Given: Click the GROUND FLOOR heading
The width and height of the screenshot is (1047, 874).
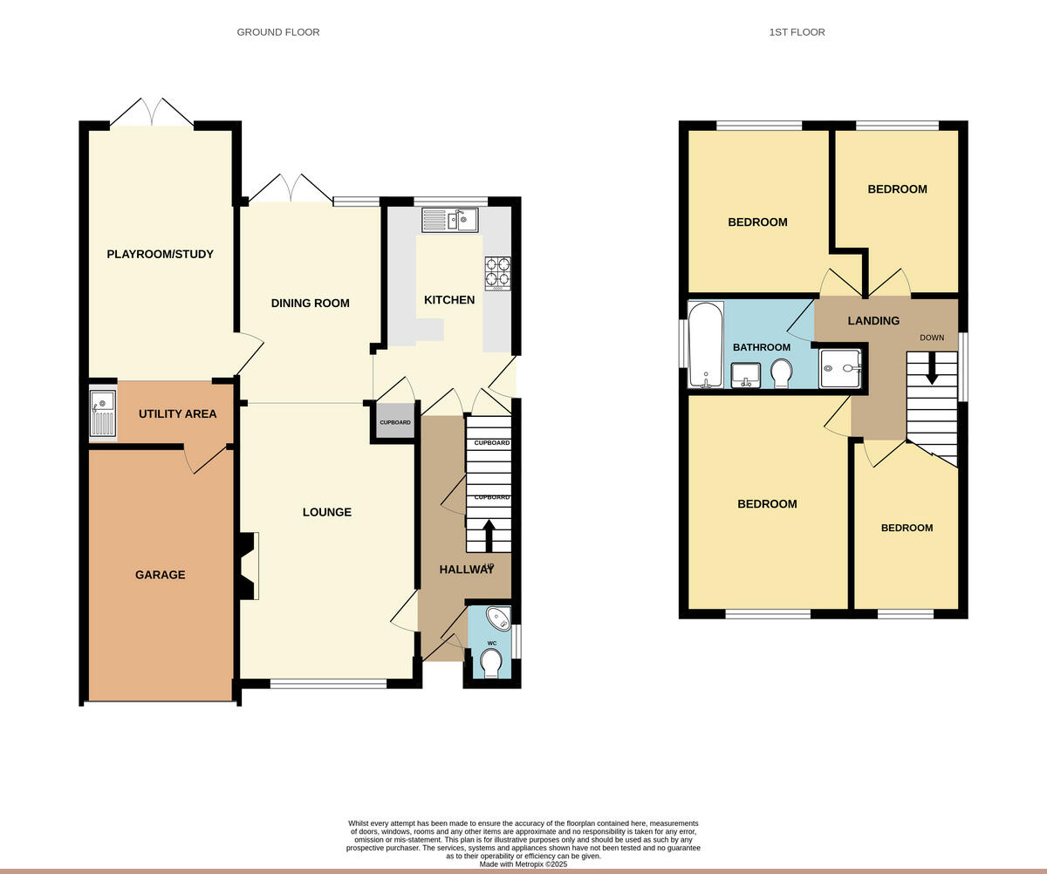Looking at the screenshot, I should click(x=278, y=32).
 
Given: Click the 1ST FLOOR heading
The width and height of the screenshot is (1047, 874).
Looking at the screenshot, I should click(x=797, y=32).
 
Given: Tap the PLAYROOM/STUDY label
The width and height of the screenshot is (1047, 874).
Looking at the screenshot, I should click(x=160, y=255).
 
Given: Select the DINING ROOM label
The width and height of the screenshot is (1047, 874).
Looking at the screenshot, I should click(x=310, y=304).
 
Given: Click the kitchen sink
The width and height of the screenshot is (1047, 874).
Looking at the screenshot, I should click(x=450, y=220).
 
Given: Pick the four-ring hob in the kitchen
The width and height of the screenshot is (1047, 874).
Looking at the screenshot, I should click(x=497, y=272).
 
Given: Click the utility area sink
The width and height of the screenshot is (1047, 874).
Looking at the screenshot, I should click(x=102, y=413).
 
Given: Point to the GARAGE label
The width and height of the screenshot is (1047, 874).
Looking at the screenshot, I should click(x=160, y=575).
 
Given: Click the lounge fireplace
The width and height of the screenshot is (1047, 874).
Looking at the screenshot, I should click(x=248, y=567).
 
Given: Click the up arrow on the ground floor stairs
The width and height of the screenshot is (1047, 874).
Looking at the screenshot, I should click(x=488, y=535).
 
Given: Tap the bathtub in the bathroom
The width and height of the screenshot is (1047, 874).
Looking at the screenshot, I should click(x=705, y=344).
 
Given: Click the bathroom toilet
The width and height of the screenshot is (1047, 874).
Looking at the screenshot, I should click(x=782, y=374).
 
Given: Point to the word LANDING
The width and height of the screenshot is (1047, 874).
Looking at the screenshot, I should click(x=873, y=321).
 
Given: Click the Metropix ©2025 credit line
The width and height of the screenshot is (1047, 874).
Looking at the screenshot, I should click(x=523, y=864).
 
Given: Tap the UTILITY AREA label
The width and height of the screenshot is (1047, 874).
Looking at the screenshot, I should click(x=177, y=413).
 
